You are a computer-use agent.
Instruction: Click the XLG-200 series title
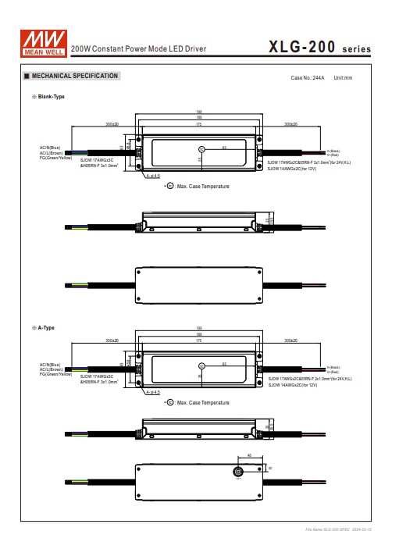coord(319,48)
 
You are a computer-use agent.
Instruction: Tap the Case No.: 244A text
coord(307,78)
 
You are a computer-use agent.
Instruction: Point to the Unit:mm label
coord(343,78)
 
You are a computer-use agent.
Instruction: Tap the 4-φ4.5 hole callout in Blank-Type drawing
coord(153,176)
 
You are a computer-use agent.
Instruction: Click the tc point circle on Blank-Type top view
coord(201,148)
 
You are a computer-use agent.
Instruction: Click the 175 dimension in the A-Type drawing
coord(200,341)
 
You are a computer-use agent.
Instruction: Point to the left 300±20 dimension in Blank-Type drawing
coord(112,124)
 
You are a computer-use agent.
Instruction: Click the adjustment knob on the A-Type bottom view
coord(239,472)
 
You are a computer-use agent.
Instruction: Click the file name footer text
coord(339,530)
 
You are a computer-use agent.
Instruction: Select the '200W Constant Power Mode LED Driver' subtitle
coord(139,49)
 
